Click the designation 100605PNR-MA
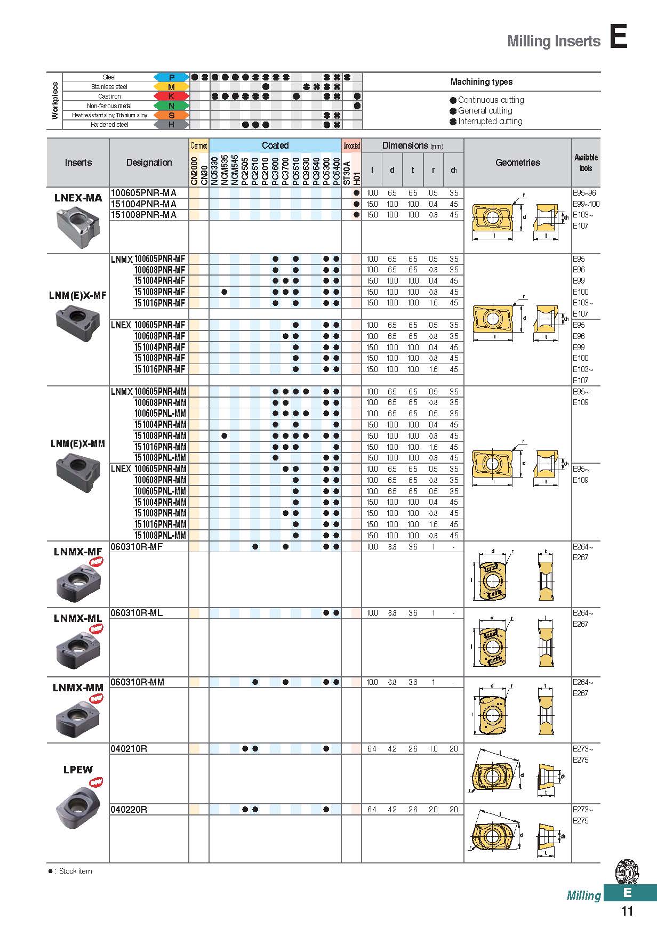pyautogui.click(x=143, y=193)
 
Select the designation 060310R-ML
pyautogui.click(x=136, y=613)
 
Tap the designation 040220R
pyautogui.click(x=129, y=810)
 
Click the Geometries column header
pyautogui.click(x=517, y=163)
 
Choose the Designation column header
pyautogui.click(x=149, y=163)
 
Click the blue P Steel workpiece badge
pyautogui.click(x=171, y=77)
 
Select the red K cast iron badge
pyautogui.click(x=171, y=96)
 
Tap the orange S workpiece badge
pyautogui.click(x=171, y=115)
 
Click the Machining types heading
pyautogui.click(x=481, y=82)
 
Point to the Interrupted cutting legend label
pyautogui.click(x=490, y=122)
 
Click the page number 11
pyautogui.click(x=627, y=911)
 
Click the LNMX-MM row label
pyautogui.click(x=78, y=688)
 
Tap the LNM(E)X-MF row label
pyautogui.click(x=78, y=295)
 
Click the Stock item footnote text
pyautogui.click(x=75, y=871)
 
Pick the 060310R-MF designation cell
pyautogui.click(x=136, y=547)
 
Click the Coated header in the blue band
pyautogui.click(x=275, y=146)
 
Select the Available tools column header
pyautogui.click(x=586, y=163)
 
